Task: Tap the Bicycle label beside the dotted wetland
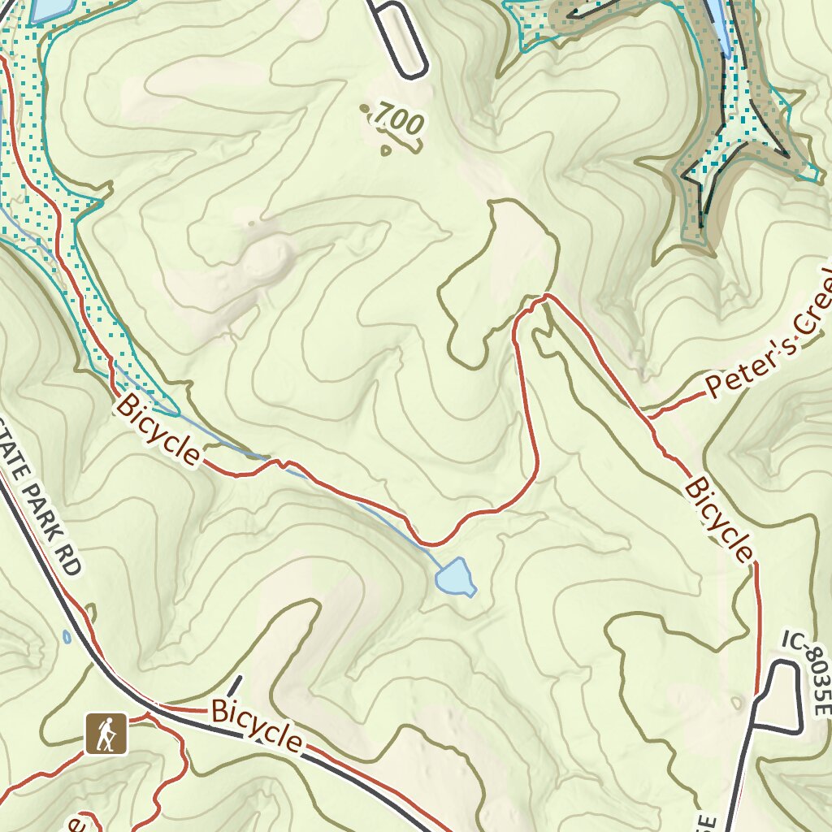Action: tap(158, 430)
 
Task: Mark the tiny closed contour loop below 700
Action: tap(385, 149)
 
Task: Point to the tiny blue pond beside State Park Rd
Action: tap(65, 635)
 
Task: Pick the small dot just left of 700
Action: tap(363, 107)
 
